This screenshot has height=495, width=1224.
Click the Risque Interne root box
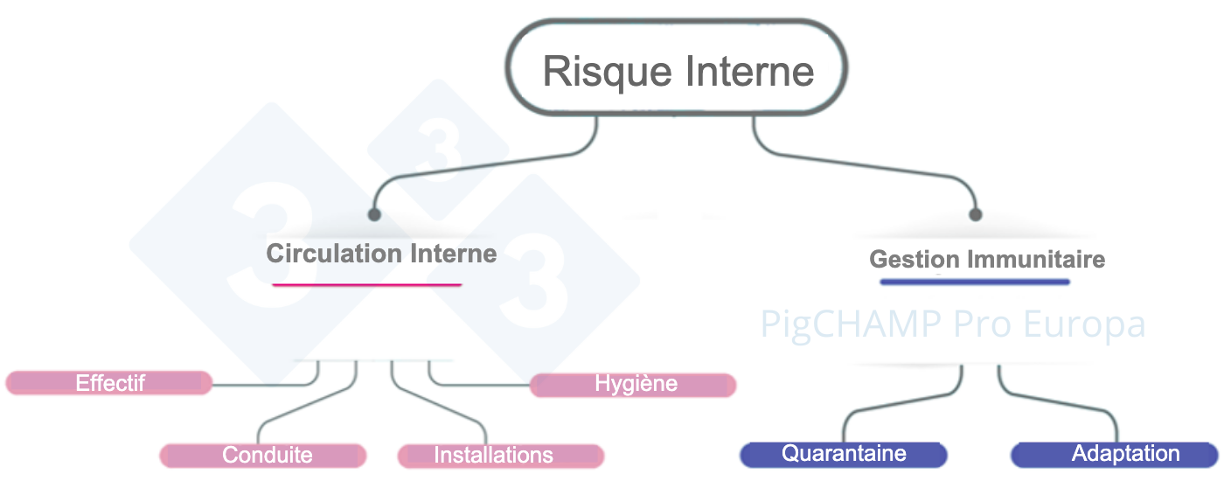(678, 71)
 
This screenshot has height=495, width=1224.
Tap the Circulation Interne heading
(381, 254)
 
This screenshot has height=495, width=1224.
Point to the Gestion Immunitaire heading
(987, 260)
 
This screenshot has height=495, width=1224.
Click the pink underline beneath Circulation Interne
(366, 284)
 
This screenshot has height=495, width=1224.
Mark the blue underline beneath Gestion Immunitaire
(975, 282)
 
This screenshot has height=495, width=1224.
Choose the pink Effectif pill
(109, 383)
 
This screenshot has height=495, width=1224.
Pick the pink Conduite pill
(263, 456)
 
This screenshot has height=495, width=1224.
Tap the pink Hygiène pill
(633, 385)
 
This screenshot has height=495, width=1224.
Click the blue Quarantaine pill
(844, 454)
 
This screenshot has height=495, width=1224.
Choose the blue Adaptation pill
(1115, 454)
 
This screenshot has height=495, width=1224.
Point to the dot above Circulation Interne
(374, 214)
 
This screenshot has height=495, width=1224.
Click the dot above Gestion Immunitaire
(976, 214)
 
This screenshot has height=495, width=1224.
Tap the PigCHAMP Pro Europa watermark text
(952, 324)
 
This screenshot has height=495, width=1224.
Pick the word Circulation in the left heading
(323, 254)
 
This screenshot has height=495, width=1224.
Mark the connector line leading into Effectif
(262, 384)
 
